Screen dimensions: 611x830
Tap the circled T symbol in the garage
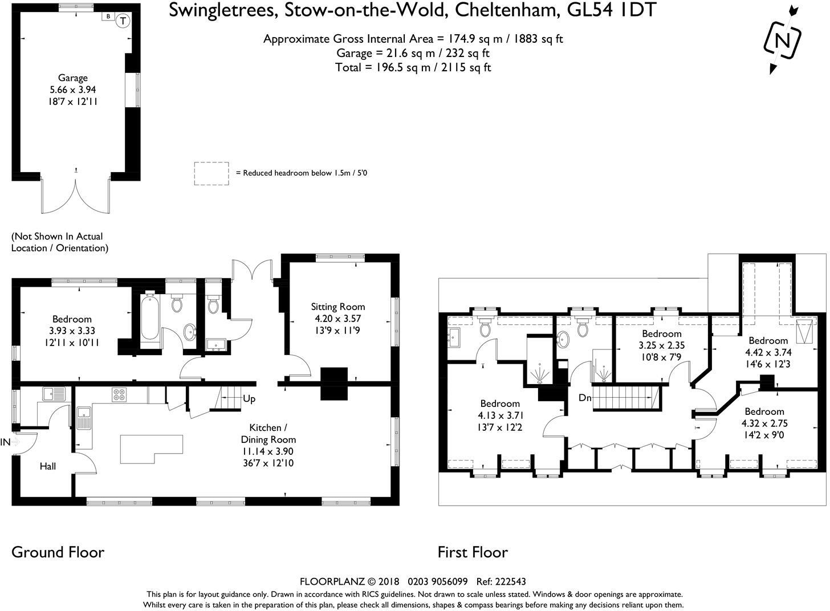(123, 21)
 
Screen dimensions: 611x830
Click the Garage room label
(72, 78)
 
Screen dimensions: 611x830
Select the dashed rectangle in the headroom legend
(211, 173)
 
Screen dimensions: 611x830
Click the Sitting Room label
(337, 307)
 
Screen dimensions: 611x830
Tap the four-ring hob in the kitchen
(119, 394)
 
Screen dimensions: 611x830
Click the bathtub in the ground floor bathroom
(150, 320)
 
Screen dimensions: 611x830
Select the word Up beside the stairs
(249, 399)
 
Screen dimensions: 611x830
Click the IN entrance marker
(6, 442)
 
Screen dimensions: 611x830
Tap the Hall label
(48, 466)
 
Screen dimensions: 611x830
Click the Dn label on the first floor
(585, 398)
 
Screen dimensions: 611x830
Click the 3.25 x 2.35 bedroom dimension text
(661, 345)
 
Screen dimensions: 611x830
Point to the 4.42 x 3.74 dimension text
(768, 352)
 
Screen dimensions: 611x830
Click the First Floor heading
(472, 552)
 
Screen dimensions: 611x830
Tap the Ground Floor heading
(58, 552)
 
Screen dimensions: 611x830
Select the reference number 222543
(510, 581)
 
